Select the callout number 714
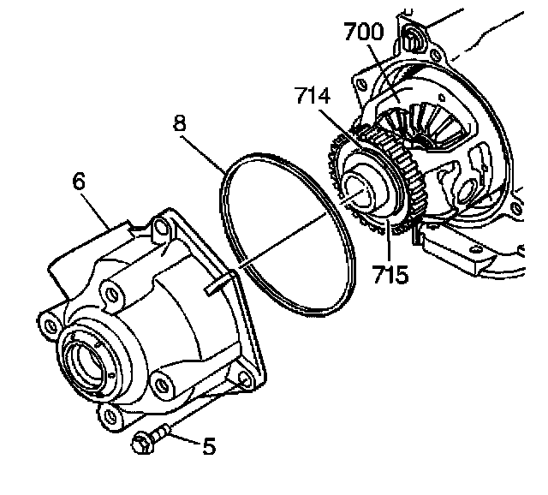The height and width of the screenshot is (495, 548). [x=313, y=96]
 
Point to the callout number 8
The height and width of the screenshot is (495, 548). [x=180, y=122]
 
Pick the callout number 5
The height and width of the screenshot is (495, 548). [x=209, y=445]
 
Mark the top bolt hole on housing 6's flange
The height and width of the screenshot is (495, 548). [x=160, y=230]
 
